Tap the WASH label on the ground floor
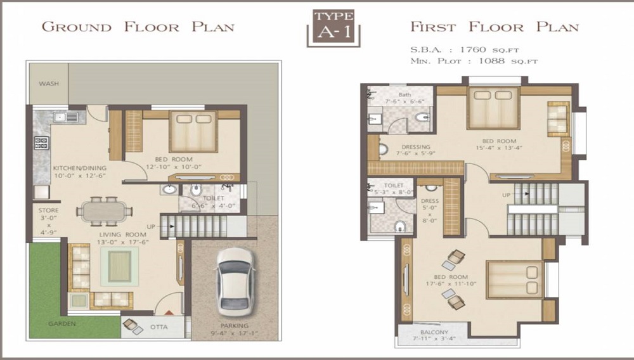click(x=49, y=84)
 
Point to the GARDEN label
click(x=62, y=324)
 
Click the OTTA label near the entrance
click(x=159, y=328)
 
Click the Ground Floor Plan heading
click(x=138, y=27)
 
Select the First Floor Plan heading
click(x=494, y=27)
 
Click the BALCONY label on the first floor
click(x=434, y=333)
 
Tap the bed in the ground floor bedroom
click(x=193, y=131)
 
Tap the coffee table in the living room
click(x=119, y=266)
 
